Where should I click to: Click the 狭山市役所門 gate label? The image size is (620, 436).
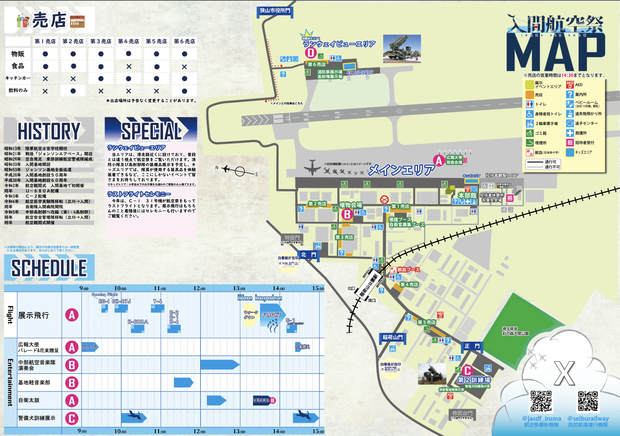275,11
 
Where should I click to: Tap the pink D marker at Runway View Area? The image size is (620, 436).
311,52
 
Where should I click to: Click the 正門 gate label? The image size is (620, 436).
472,346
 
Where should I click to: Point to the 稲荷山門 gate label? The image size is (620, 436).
393,337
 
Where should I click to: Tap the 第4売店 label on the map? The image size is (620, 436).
409,285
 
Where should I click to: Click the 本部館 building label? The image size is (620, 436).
467,195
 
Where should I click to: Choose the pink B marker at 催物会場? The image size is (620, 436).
347,214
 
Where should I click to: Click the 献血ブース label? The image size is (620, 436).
408,269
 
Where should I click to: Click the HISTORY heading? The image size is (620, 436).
49,131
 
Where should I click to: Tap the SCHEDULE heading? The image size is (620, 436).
49,268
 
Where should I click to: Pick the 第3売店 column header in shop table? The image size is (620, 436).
101,41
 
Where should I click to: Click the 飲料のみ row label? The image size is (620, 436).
18,91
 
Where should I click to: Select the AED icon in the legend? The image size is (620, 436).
570,85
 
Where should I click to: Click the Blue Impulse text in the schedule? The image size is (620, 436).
260,298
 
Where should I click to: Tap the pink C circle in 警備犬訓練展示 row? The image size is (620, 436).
72,418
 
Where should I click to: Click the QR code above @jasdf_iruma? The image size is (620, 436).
541,401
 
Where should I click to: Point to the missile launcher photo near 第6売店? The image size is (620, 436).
402,49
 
